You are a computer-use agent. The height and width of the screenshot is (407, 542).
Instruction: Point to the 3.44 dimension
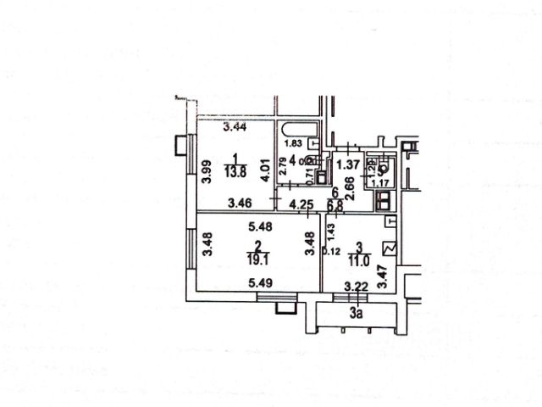(235, 128)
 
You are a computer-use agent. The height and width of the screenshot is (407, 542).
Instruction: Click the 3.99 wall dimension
(207, 173)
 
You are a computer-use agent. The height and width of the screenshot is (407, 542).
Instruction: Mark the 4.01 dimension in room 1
(266, 172)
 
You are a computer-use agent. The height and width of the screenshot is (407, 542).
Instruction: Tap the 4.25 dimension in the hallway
(302, 203)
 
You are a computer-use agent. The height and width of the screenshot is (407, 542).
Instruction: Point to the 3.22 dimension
(357, 287)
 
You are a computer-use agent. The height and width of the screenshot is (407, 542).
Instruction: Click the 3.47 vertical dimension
(383, 278)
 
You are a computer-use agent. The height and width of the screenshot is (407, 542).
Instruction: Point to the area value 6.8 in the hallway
(335, 204)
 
